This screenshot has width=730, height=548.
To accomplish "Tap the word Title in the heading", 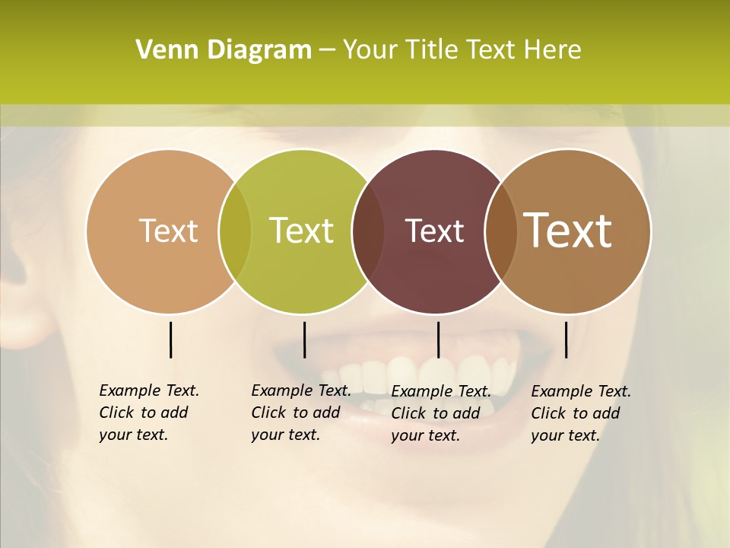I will click(430, 50).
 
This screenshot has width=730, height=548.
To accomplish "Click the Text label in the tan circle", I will click(168, 231).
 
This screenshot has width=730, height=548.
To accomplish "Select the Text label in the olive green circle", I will click(302, 231).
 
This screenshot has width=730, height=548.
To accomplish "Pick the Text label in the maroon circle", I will click(434, 231).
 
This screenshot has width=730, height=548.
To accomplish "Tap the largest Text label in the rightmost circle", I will click(568, 231).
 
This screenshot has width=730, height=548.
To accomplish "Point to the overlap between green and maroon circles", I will click(368, 231).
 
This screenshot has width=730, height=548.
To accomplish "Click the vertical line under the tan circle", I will click(170, 339).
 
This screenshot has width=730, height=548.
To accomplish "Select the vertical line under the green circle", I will click(304, 339).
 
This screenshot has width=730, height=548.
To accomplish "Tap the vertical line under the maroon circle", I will click(438, 339).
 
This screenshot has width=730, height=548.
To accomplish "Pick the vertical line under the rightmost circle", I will click(566, 339).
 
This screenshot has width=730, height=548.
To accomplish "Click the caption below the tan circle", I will click(149, 413).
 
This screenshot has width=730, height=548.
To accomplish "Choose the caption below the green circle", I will click(301, 413).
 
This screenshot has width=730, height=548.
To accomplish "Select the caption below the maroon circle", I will click(441, 413).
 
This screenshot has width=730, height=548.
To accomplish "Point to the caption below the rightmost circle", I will click(581, 413).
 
